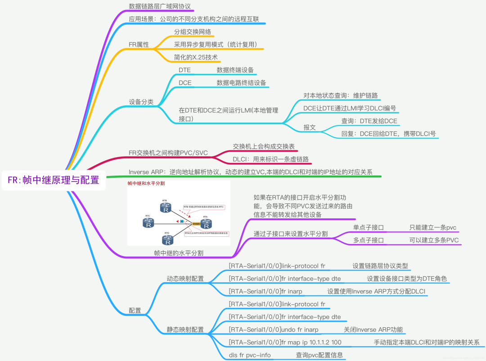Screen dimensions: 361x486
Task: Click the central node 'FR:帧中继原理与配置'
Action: coord(54,180)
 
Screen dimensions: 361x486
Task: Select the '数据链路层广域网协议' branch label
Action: coord(160,6)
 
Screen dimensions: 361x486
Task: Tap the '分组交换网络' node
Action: coord(193,32)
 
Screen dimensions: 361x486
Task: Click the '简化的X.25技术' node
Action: coord(196,57)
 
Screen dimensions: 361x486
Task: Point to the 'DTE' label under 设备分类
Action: coord(184,70)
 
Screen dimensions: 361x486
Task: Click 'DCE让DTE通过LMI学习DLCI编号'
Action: coord(350,108)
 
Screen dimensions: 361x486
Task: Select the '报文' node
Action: coord(310,127)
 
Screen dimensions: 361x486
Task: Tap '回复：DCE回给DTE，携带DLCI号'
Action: coord(389,134)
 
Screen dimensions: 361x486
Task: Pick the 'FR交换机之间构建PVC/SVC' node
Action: coord(168,153)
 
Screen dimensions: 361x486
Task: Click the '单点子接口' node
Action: coord(369,227)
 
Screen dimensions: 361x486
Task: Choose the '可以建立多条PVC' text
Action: coord(434,240)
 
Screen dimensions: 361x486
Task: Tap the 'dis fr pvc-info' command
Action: coord(250,355)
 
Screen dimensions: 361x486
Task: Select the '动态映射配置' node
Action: coord(185,278)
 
